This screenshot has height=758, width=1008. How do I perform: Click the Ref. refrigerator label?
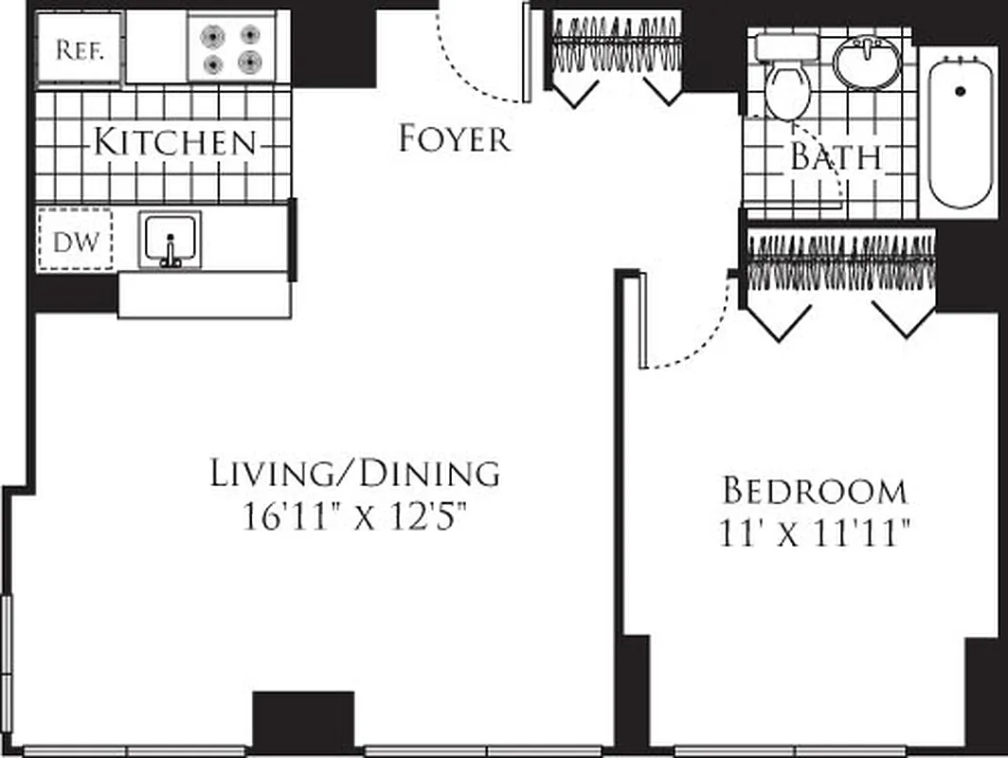click(79, 48)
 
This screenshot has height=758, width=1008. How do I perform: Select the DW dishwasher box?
click(75, 241)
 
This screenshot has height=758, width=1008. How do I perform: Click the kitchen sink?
click(171, 241)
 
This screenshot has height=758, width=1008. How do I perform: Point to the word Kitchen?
click(175, 142)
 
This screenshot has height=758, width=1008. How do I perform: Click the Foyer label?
click(455, 139)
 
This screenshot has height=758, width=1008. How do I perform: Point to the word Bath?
click(836, 157)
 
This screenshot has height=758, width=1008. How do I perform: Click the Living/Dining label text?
click(354, 472)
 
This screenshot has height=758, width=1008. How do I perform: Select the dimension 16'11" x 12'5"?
click(354, 518)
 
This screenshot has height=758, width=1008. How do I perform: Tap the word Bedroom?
click(814, 491)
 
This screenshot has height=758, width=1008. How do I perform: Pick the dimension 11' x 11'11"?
click(814, 535)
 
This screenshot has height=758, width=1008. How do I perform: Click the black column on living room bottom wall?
click(303, 722)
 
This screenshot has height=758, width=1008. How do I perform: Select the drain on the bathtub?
click(960, 91)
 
